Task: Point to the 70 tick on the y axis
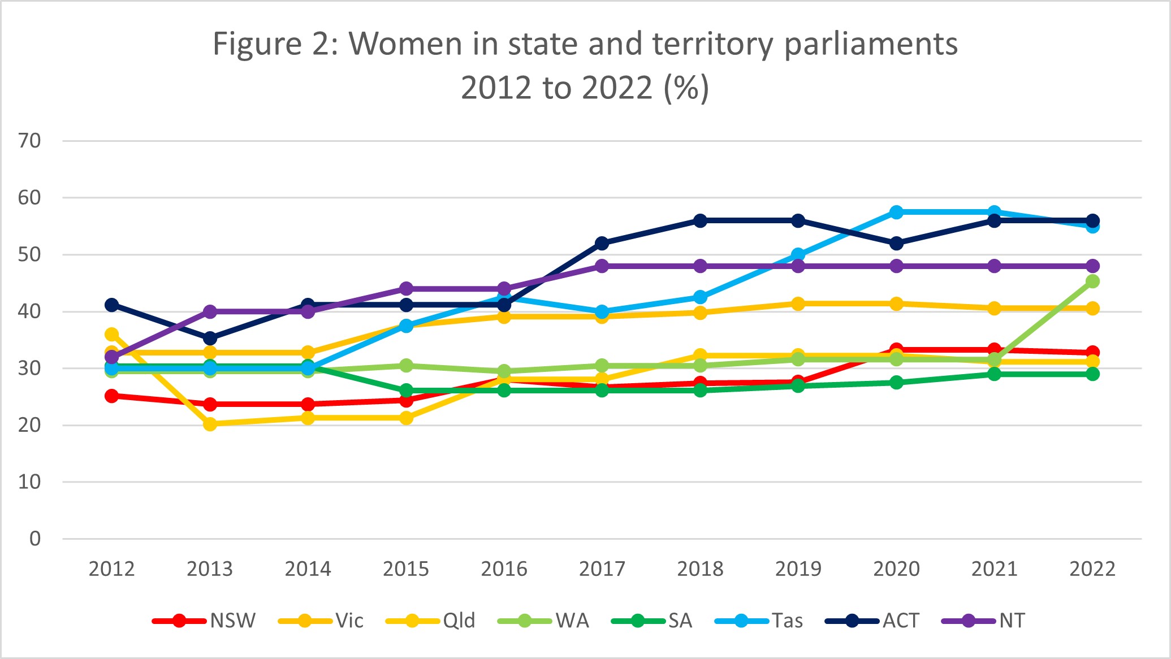(x=29, y=141)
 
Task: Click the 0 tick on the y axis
(x=35, y=539)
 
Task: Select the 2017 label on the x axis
(x=602, y=569)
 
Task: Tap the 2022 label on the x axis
(x=1092, y=569)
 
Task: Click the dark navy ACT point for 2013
(x=210, y=339)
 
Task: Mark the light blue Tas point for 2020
(x=896, y=212)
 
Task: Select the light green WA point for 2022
(x=1092, y=281)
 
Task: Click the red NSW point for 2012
(x=112, y=396)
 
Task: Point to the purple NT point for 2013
(x=210, y=311)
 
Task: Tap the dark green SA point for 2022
(x=1092, y=374)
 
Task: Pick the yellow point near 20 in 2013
(x=210, y=424)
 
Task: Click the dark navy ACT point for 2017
(x=602, y=244)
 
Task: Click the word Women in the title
(x=405, y=44)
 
